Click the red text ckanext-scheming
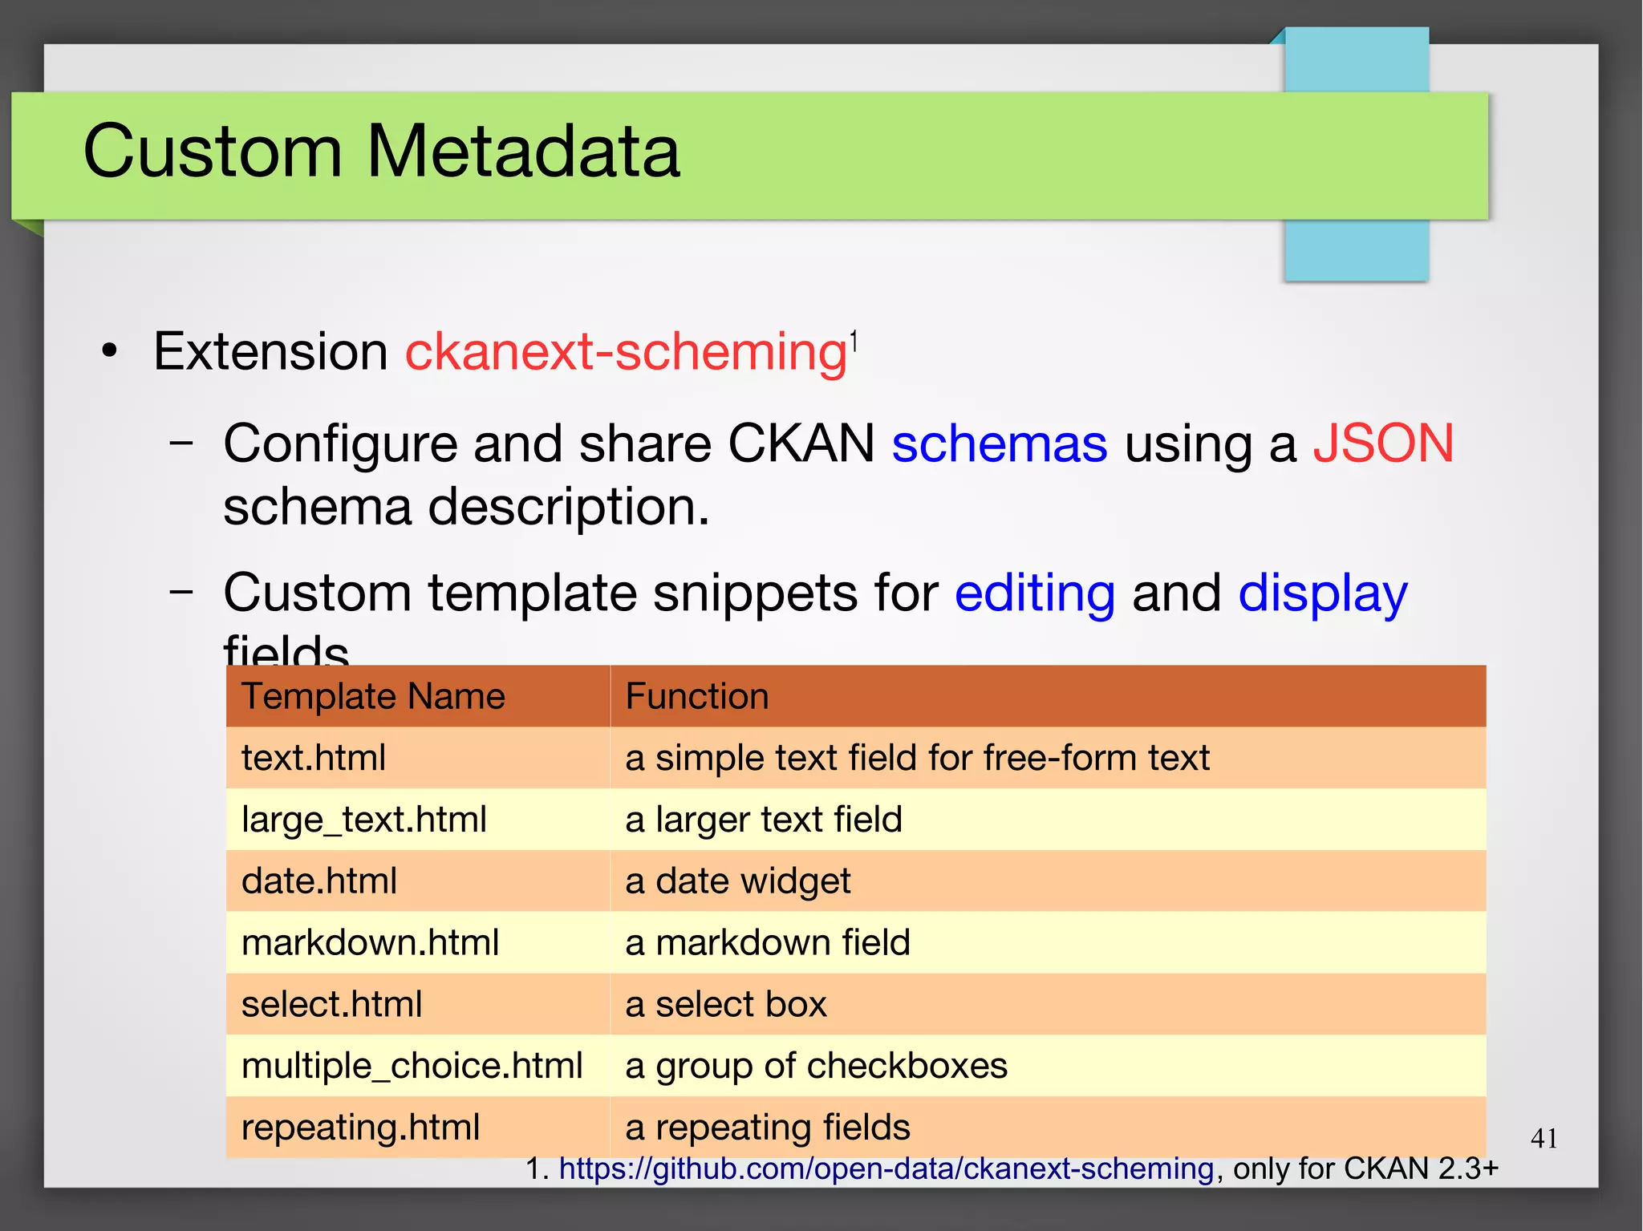pos(626,352)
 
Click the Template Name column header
pos(373,696)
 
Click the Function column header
pos(696,696)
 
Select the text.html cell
pos(314,758)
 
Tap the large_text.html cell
pos(363,820)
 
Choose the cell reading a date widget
pos(737,881)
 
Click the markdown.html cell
pos(370,942)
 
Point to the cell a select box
pos(725,1004)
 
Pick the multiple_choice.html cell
pos(412,1066)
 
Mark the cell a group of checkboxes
pos(816,1066)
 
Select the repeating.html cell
pos(360,1128)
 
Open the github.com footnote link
pos(886,1168)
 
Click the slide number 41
pos(1544,1138)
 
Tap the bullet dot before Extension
pos(110,351)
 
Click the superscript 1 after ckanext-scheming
pos(854,342)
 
